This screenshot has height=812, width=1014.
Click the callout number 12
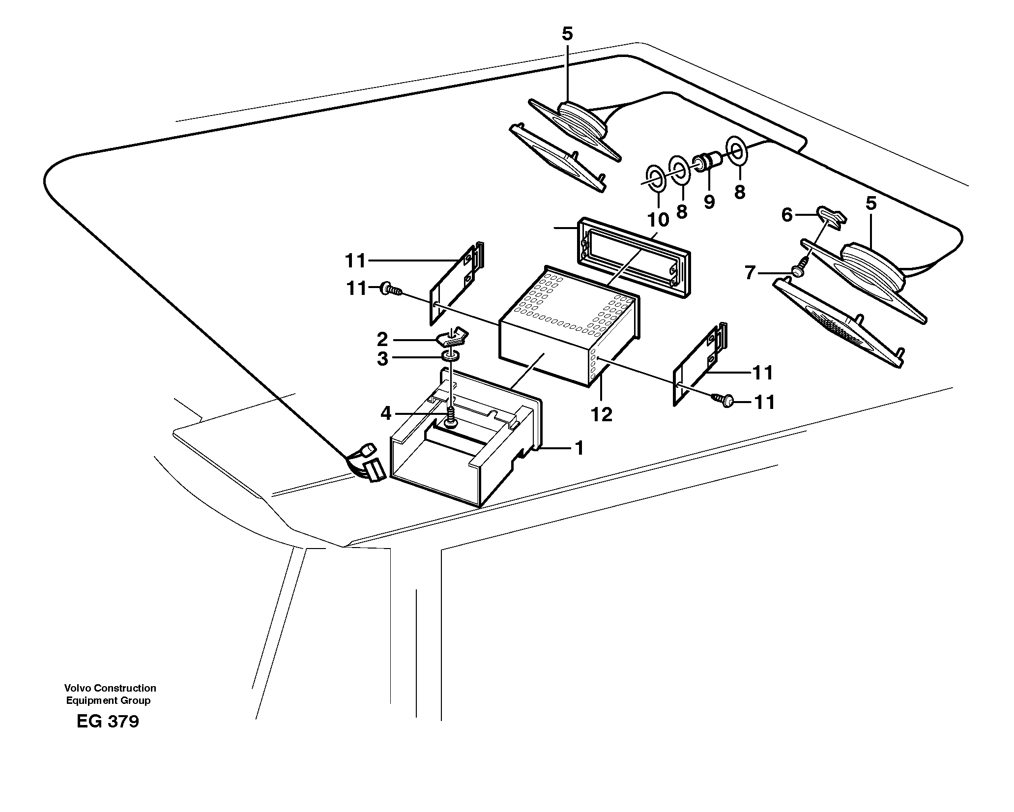(x=602, y=415)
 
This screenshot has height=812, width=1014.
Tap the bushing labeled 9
(x=705, y=163)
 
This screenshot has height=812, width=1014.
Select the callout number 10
(x=658, y=219)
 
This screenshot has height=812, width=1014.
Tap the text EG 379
(x=108, y=722)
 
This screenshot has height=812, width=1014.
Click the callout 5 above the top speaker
(x=567, y=34)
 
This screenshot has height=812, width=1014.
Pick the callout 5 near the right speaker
(x=871, y=203)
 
